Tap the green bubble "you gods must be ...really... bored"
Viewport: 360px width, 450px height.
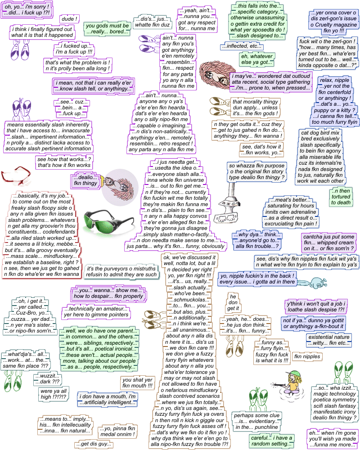click(108, 29)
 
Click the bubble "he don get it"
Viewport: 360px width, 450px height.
click(233, 302)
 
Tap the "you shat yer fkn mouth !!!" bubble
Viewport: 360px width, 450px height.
click(137, 383)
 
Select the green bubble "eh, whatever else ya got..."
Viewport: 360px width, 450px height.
click(256, 59)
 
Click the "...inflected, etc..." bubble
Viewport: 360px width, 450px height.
click(242, 46)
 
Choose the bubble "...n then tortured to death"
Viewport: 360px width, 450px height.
click(341, 197)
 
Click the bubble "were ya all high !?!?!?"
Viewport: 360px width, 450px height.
click(53, 394)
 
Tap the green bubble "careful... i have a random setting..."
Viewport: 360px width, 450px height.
click(271, 441)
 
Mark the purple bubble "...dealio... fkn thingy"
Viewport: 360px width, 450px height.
click(84, 180)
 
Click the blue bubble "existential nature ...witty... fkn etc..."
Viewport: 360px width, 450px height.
click(328, 340)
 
